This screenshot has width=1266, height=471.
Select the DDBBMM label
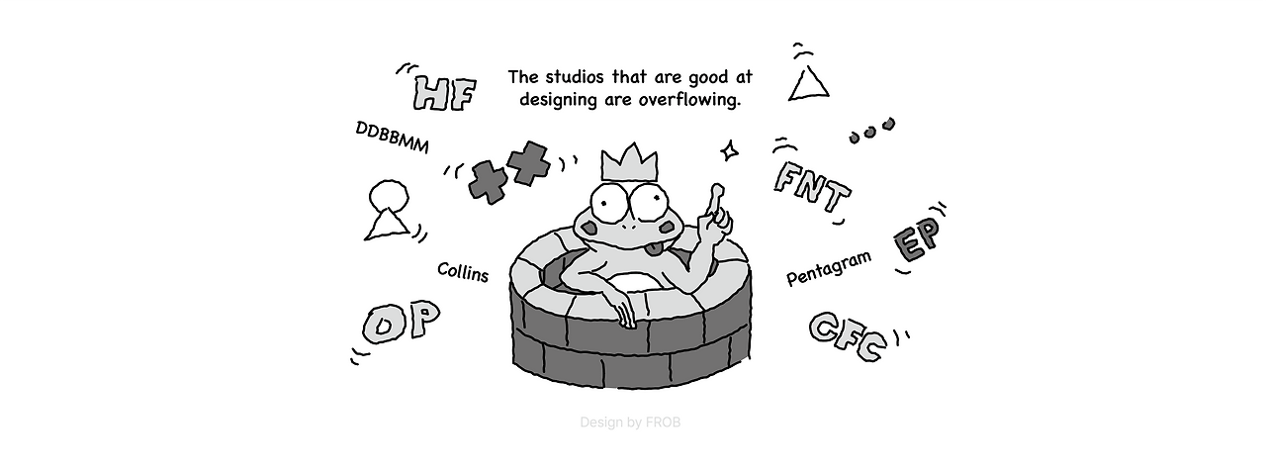(x=393, y=139)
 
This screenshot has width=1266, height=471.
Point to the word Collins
(x=463, y=272)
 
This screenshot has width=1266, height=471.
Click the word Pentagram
(x=829, y=268)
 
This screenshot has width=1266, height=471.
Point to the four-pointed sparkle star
(x=730, y=150)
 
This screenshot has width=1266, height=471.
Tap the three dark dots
(x=871, y=130)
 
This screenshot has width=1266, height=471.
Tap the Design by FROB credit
(x=630, y=423)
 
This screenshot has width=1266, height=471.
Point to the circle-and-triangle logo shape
(x=387, y=208)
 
